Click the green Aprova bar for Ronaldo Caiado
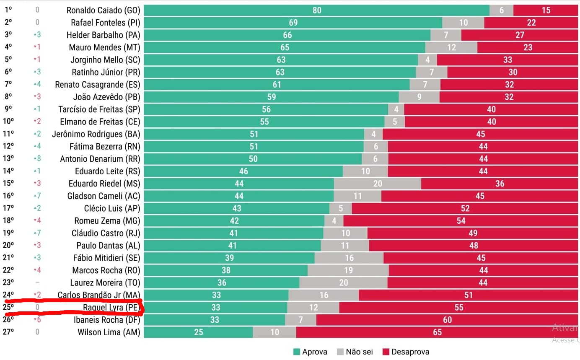point(316,10)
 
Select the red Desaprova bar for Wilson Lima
point(437,332)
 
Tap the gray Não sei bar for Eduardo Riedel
point(378,184)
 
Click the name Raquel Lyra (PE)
point(111,308)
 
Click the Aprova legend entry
point(310,352)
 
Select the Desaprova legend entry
point(405,352)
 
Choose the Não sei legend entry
point(355,352)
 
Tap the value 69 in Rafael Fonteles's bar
point(293,23)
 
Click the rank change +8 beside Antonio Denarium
point(37,159)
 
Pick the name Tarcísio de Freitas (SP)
point(99,109)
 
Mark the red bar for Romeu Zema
point(461,221)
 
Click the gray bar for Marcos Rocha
point(348,270)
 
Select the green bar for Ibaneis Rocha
point(215,320)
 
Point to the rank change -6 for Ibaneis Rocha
point(37,320)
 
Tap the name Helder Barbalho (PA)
point(103,35)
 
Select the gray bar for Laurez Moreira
point(343,283)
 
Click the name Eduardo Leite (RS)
point(107,171)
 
